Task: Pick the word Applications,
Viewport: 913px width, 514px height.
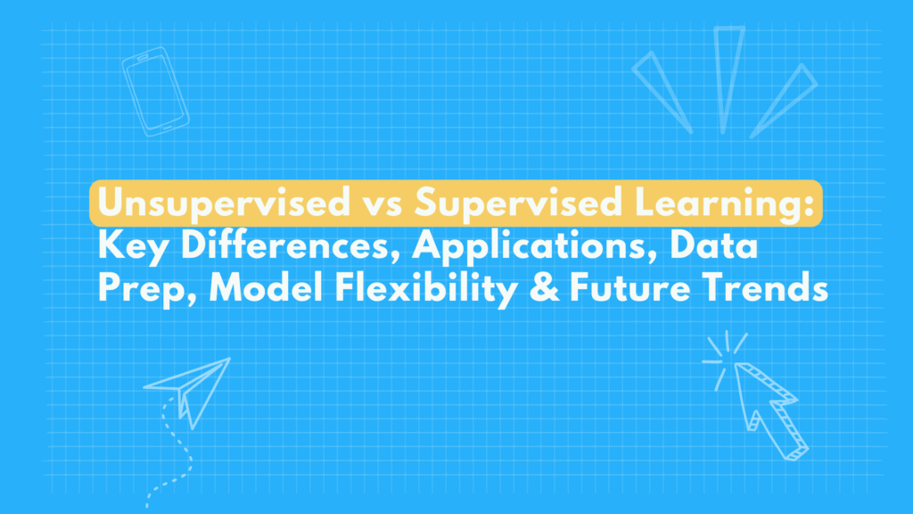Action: (535, 248)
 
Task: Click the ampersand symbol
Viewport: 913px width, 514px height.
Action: (544, 288)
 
